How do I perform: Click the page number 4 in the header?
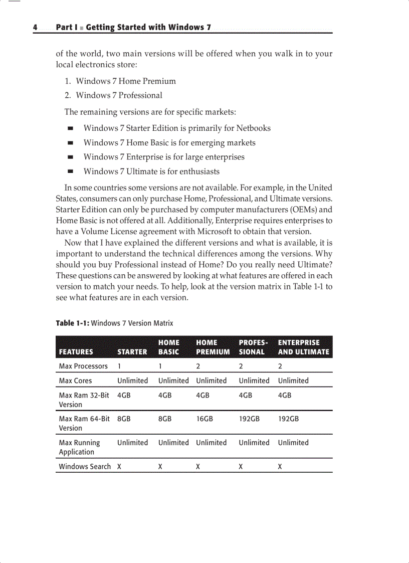click(36, 28)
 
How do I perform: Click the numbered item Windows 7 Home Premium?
click(125, 81)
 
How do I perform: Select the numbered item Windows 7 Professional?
click(119, 95)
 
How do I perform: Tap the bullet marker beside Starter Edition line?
click(71, 128)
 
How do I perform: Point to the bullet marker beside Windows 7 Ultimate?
click(71, 171)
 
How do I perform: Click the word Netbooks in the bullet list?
click(253, 128)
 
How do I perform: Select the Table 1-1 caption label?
click(72, 323)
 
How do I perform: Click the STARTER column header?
click(132, 352)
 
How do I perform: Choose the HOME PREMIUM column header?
click(213, 347)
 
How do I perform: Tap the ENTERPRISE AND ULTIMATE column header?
click(303, 347)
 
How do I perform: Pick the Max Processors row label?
click(83, 366)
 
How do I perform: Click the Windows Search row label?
click(85, 466)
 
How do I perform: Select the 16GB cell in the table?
click(204, 419)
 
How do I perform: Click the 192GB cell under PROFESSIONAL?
click(249, 419)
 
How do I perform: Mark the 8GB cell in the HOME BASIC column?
click(165, 419)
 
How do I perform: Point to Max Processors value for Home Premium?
click(198, 366)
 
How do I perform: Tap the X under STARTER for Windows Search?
click(119, 466)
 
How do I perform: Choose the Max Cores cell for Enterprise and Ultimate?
click(293, 381)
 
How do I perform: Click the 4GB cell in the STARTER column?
click(124, 395)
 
